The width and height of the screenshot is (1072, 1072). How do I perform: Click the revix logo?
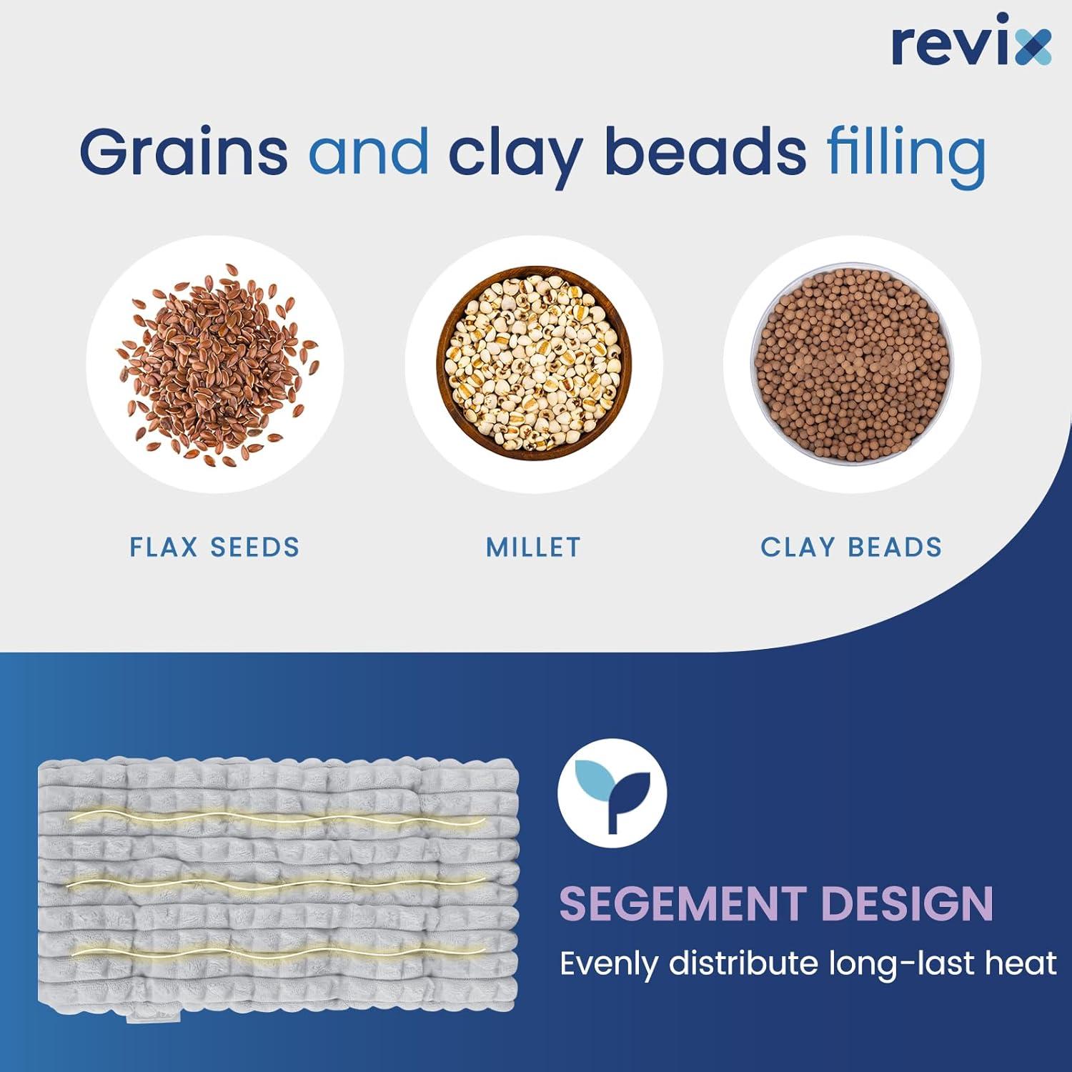point(972,44)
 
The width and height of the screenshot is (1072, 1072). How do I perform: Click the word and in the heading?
point(369,151)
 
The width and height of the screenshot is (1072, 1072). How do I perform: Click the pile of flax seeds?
point(217,363)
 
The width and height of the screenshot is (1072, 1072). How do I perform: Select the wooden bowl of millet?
point(534,364)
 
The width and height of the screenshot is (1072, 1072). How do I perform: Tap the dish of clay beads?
point(852,364)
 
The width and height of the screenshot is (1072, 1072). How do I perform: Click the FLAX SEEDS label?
point(214,547)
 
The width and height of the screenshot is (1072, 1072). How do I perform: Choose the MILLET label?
point(534,547)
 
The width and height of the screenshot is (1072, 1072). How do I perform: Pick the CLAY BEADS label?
point(851,547)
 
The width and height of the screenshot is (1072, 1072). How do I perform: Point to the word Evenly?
point(609,966)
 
